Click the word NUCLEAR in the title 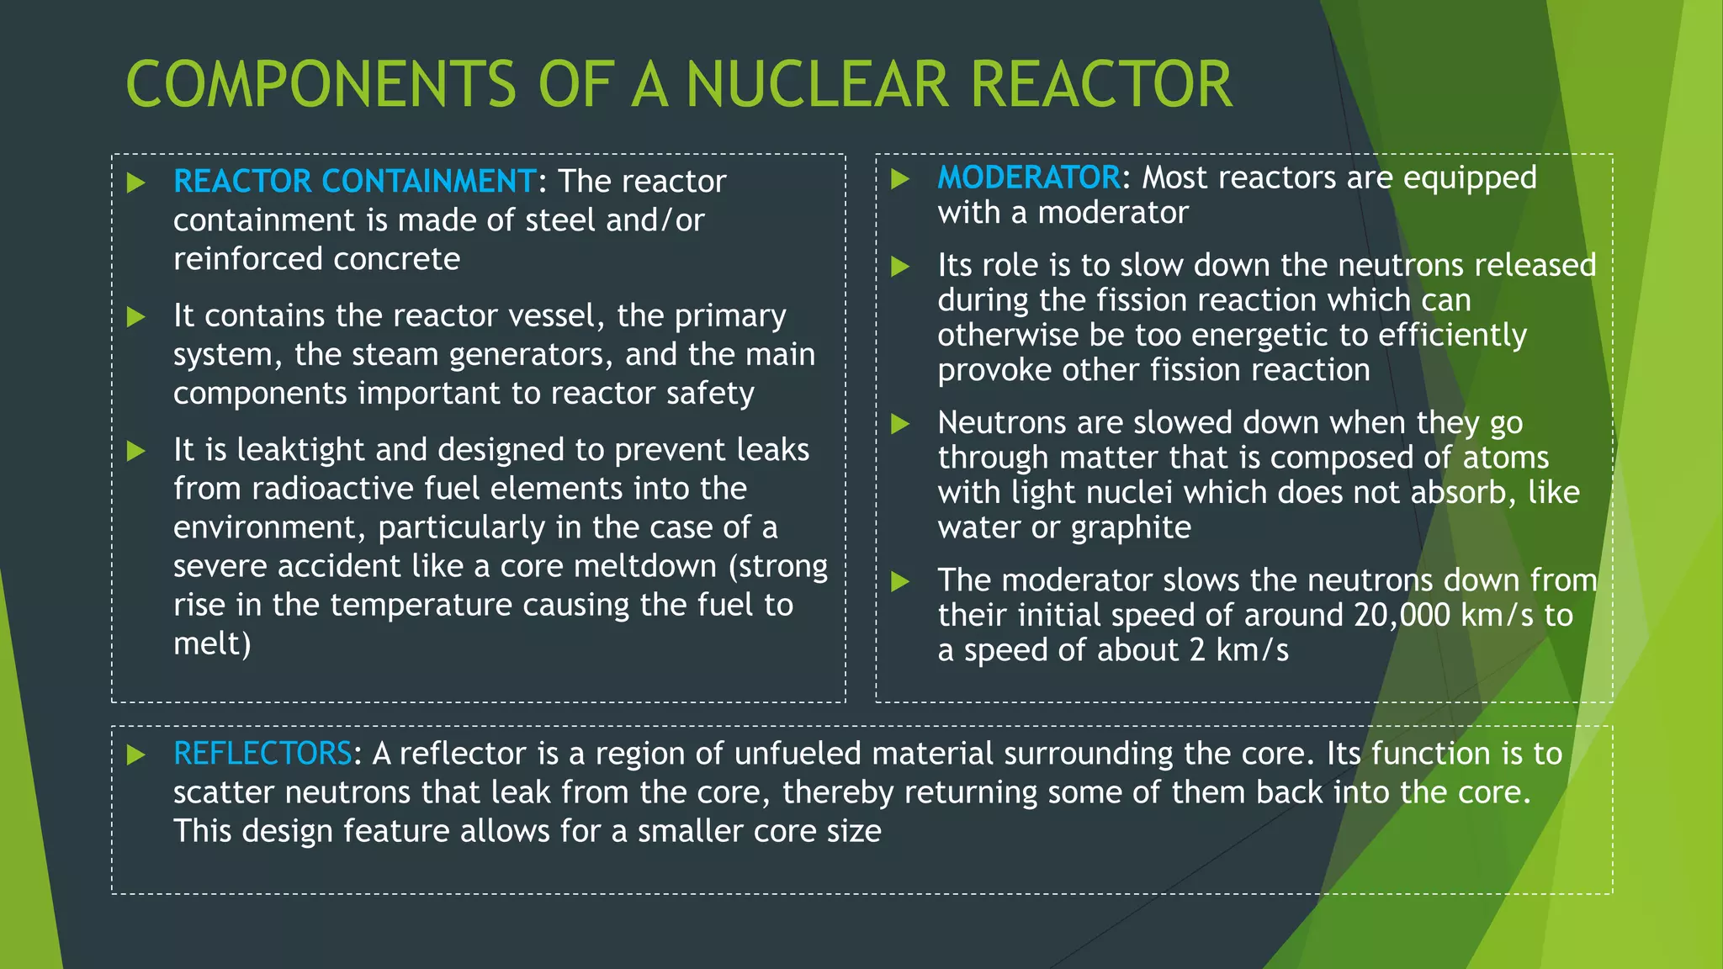816,85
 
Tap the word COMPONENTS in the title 321,85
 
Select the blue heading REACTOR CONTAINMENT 354,182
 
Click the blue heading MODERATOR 1028,177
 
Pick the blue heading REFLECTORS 262,754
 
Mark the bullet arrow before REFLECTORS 136,755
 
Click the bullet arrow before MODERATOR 900,179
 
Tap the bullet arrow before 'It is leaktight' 136,452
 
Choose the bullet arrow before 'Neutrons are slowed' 900,424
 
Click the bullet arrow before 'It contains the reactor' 136,317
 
